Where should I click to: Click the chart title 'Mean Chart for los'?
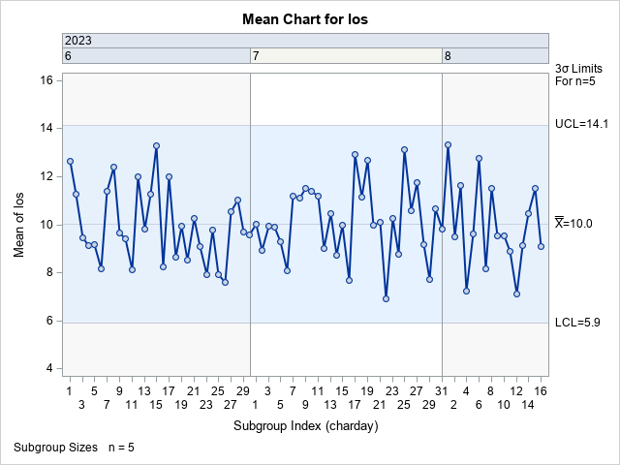pyautogui.click(x=309, y=18)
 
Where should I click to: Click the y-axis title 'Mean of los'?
pyautogui.click(x=20, y=225)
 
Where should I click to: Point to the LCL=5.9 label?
pyautogui.click(x=577, y=323)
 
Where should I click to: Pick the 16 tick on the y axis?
pyautogui.click(x=46, y=80)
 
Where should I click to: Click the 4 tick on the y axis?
pyautogui.click(x=48, y=368)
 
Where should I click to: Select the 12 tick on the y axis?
pyautogui.click(x=46, y=176)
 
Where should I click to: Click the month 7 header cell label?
pyautogui.click(x=256, y=56)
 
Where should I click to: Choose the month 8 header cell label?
pyautogui.click(x=448, y=56)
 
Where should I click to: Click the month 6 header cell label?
pyautogui.click(x=68, y=56)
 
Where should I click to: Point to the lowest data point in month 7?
pyautogui.click(x=386, y=298)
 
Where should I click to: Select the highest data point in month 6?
pyautogui.click(x=156, y=145)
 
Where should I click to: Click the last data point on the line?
pyautogui.click(x=541, y=246)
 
